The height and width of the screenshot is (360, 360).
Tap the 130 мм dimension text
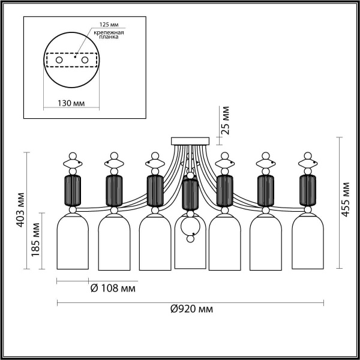[70, 103]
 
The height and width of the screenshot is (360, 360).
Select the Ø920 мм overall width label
[191, 309]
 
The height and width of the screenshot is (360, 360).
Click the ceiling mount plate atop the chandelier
[190, 141]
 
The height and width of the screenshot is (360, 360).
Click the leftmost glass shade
[73, 243]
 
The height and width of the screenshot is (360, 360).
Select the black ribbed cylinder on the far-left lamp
[73, 190]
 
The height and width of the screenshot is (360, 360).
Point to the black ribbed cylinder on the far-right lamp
[308, 190]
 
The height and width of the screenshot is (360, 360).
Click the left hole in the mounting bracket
[59, 61]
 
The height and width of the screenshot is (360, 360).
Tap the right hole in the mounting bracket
[85, 61]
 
